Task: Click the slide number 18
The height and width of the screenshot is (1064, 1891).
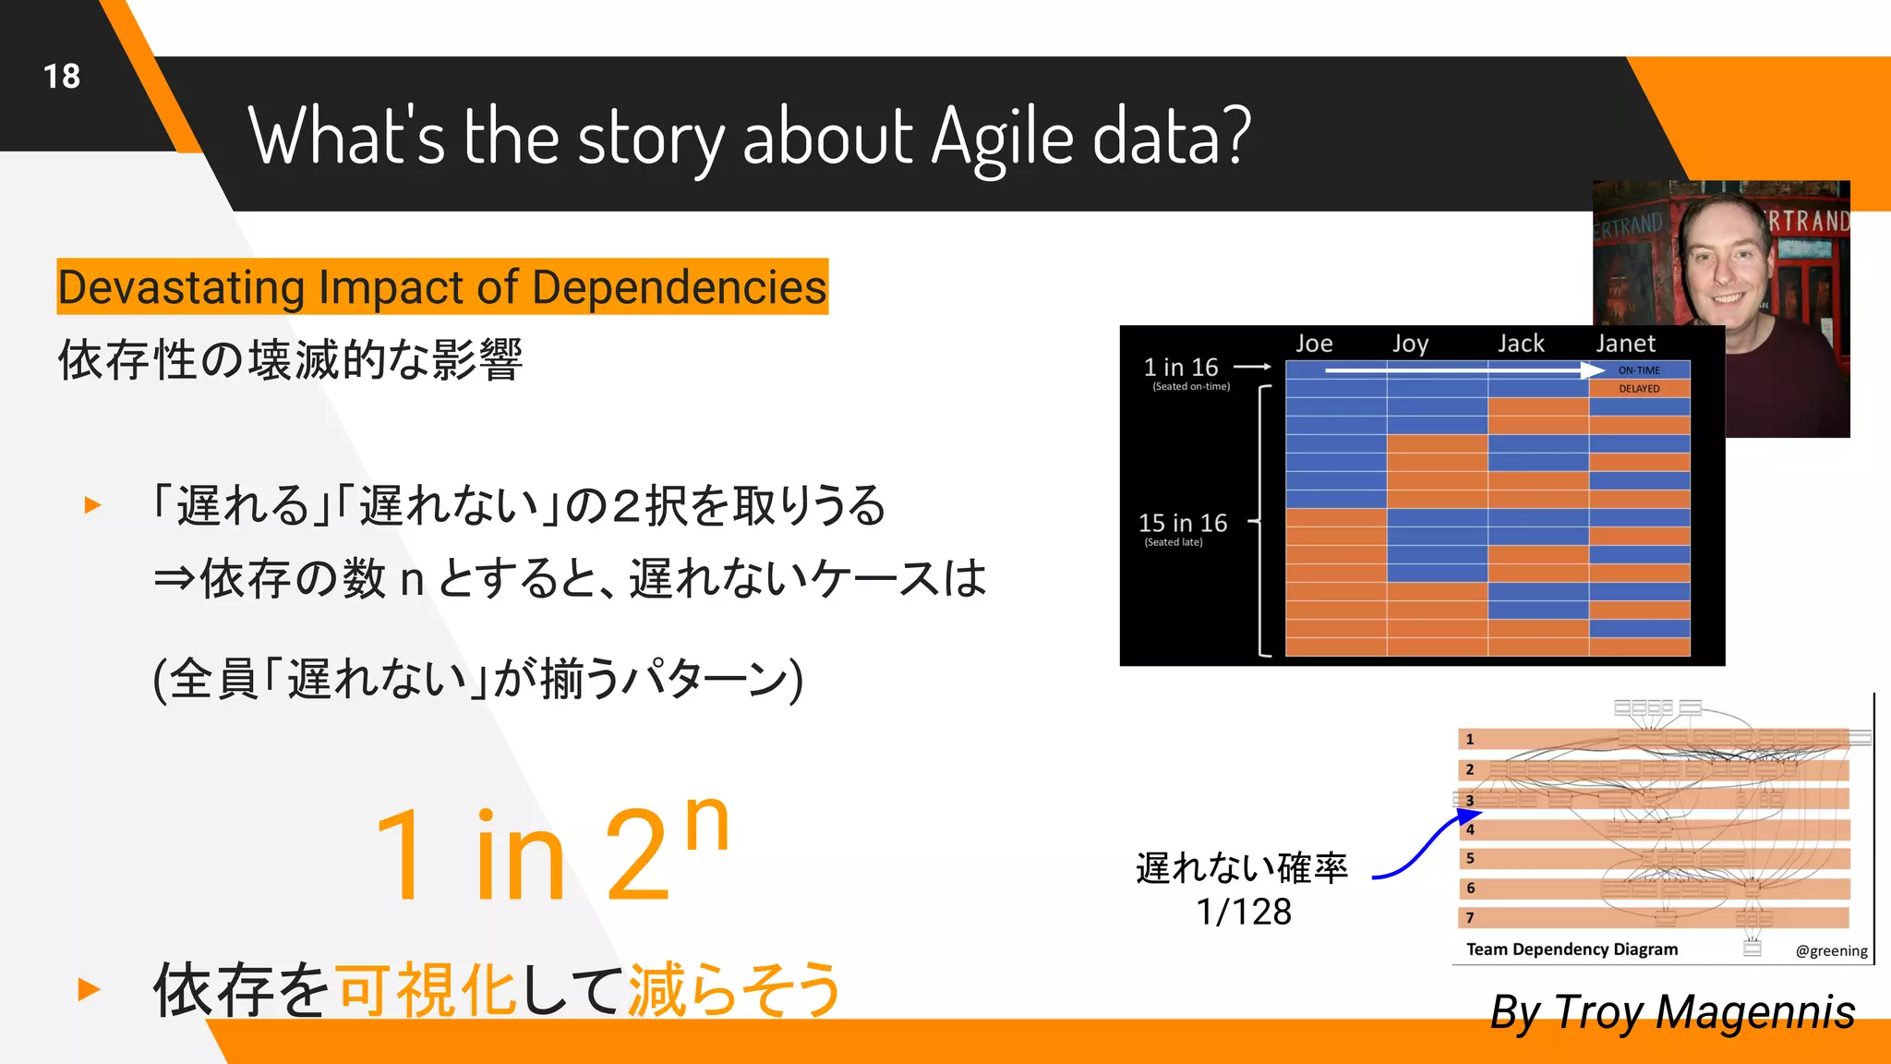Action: pyautogui.click(x=62, y=77)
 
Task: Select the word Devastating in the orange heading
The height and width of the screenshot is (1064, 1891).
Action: pyautogui.click(x=181, y=287)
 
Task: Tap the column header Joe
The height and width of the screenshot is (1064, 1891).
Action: pyautogui.click(x=1313, y=344)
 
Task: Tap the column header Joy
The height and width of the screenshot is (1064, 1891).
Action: pyautogui.click(x=1410, y=345)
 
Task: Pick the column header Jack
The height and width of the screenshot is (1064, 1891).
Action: pyautogui.click(x=1520, y=344)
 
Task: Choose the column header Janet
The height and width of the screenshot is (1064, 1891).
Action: pyautogui.click(x=1625, y=344)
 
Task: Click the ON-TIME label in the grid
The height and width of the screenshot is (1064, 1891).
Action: pyautogui.click(x=1639, y=370)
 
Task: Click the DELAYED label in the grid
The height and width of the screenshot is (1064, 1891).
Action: pyautogui.click(x=1639, y=389)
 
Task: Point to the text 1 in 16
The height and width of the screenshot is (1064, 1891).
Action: pyautogui.click(x=1181, y=368)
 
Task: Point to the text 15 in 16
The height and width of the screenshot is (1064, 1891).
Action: pyautogui.click(x=1182, y=523)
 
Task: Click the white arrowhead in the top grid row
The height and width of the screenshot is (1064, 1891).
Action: pyautogui.click(x=1592, y=370)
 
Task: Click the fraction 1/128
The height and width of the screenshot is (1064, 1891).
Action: pyautogui.click(x=1243, y=912)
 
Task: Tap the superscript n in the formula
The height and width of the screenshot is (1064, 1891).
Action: pyautogui.click(x=707, y=822)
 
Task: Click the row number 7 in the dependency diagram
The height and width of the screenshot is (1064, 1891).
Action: pyautogui.click(x=1470, y=917)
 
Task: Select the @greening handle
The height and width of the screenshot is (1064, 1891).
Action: pyautogui.click(x=1831, y=950)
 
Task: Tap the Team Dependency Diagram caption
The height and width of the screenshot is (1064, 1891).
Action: pyautogui.click(x=1572, y=949)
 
